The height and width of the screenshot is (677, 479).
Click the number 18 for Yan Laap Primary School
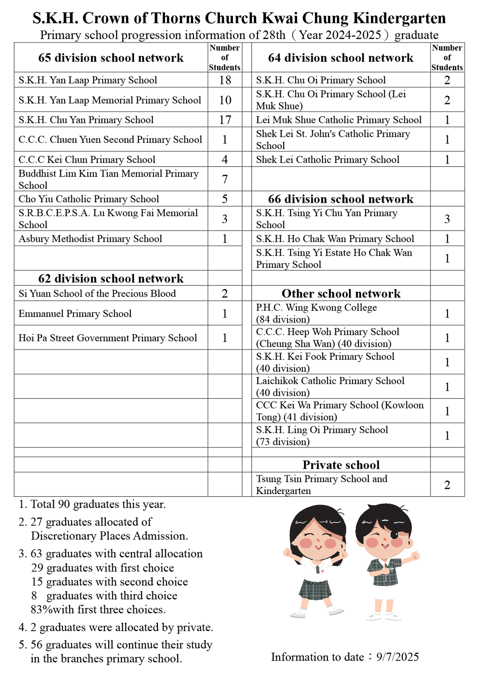point(225,80)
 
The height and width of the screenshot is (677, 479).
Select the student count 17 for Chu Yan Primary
point(225,120)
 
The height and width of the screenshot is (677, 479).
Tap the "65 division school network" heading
point(111,58)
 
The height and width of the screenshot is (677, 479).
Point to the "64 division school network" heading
point(341,58)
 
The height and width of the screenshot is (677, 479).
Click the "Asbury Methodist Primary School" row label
point(90,239)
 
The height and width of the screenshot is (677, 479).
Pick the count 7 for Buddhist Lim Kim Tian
point(225,179)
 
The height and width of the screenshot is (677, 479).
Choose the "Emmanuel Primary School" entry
point(75,314)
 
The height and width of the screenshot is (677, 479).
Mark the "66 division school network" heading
point(341,199)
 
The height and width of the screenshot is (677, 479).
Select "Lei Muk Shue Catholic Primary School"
point(339,120)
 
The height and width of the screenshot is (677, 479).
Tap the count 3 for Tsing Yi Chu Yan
point(447,219)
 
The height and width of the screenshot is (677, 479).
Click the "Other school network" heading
point(341,294)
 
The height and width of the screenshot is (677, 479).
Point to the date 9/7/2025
point(397,657)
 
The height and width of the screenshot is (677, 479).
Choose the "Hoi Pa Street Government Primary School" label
point(108,338)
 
